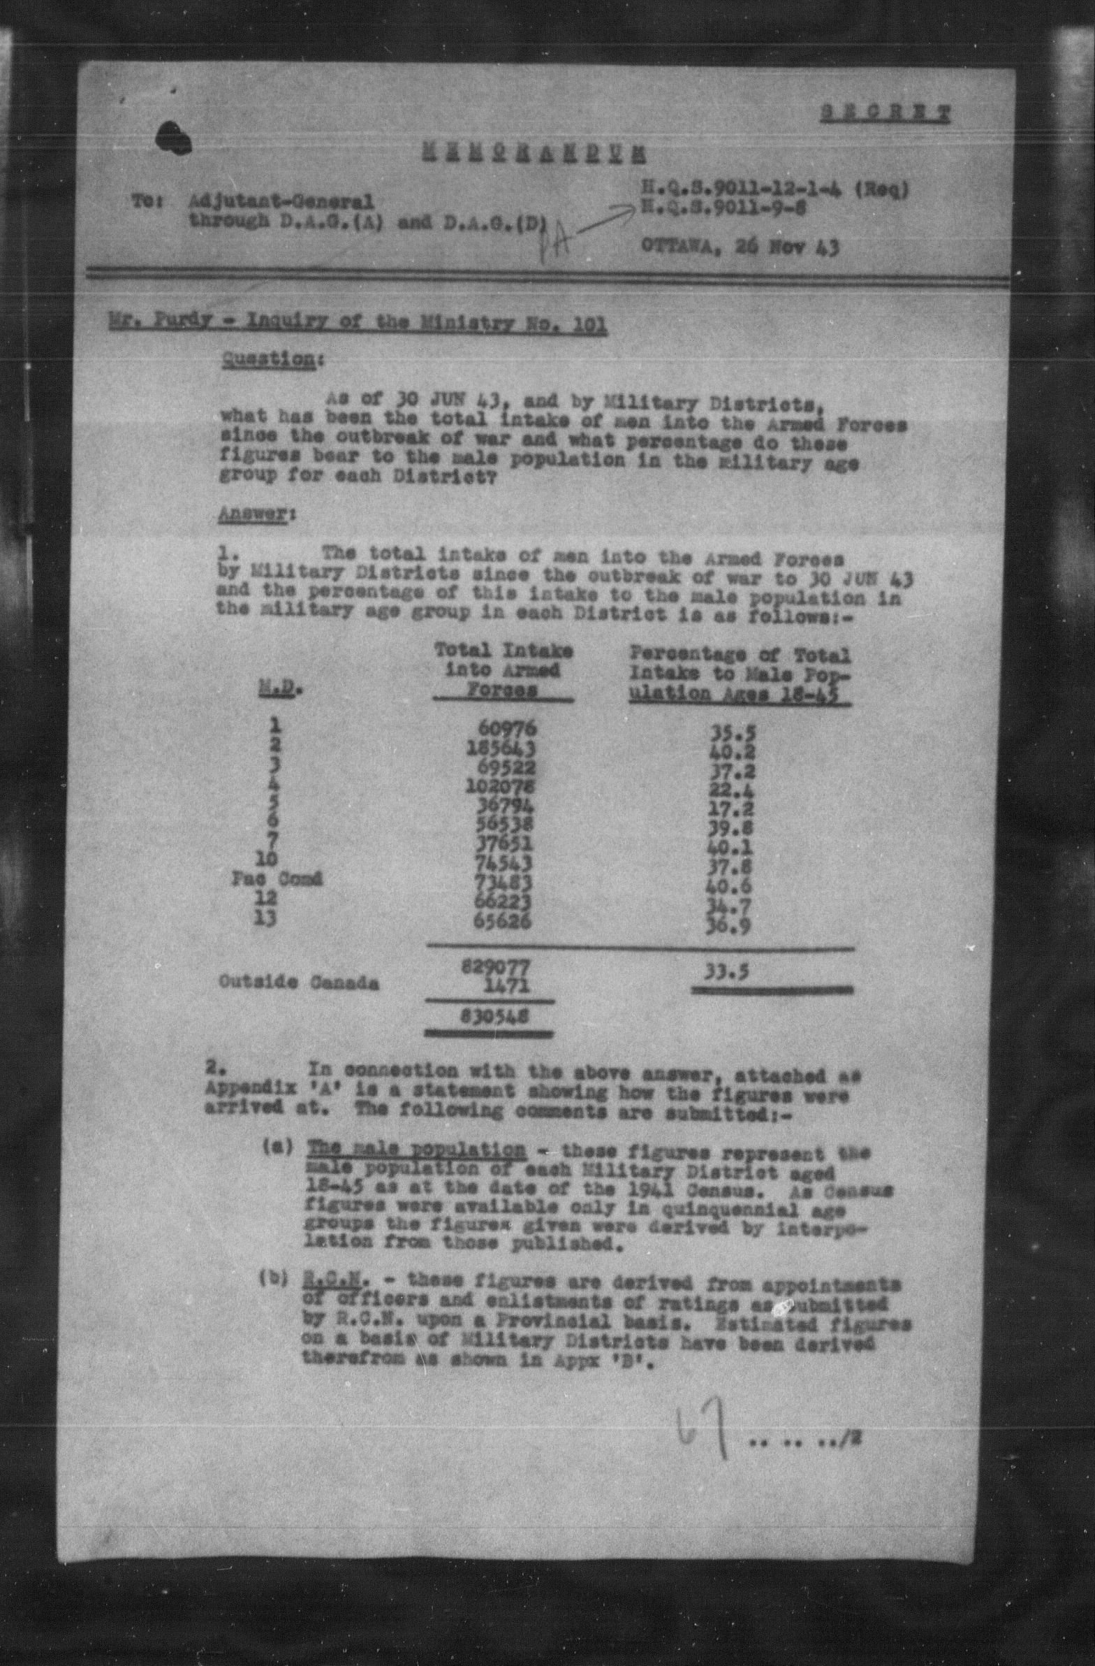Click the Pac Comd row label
coord(277,879)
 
